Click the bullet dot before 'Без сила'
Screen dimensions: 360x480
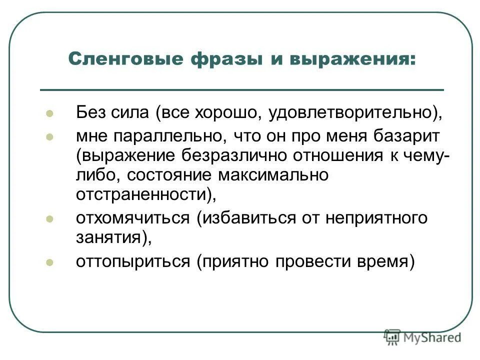49,113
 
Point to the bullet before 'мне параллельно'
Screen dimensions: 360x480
49,136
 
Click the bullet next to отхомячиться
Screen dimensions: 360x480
49,218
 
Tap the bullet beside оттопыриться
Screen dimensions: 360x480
49,261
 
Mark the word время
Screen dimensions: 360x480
384,261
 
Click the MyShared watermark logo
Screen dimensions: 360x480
422,338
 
